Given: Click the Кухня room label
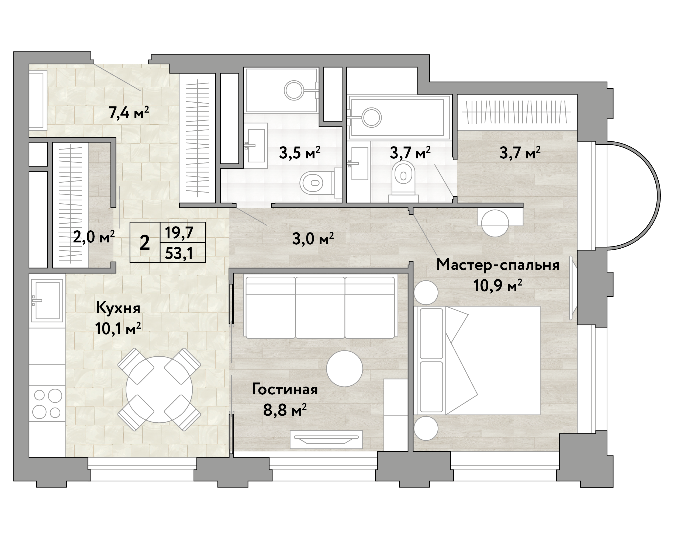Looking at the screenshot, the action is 118,308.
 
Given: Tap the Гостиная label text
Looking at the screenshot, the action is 285,390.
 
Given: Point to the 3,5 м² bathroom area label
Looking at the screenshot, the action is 299,153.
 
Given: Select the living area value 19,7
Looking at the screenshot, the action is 179,232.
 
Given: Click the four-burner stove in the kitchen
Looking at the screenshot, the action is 47,404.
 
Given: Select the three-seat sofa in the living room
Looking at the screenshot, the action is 320,307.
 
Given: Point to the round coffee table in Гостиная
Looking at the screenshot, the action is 344,369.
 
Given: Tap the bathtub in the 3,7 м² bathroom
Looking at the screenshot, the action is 400,117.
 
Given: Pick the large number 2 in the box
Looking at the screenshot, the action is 145,242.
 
